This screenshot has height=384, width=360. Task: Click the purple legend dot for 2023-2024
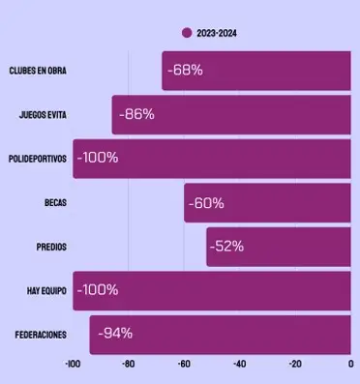(187, 33)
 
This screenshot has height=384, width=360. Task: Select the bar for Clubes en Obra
(256, 71)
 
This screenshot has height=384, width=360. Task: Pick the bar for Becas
(267, 203)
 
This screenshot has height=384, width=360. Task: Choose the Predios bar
(279, 247)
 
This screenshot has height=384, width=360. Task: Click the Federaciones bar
(221, 335)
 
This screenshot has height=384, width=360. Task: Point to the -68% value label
(184, 71)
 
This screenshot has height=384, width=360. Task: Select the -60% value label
(205, 203)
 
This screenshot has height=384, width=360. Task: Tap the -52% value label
(226, 247)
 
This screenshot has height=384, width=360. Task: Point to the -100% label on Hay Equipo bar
(97, 290)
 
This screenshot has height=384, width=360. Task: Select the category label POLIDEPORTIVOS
(37, 159)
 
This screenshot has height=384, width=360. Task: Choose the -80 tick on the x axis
(128, 365)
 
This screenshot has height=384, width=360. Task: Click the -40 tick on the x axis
(239, 365)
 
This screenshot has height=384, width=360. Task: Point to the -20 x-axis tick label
(294, 365)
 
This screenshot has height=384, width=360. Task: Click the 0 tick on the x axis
(350, 365)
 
